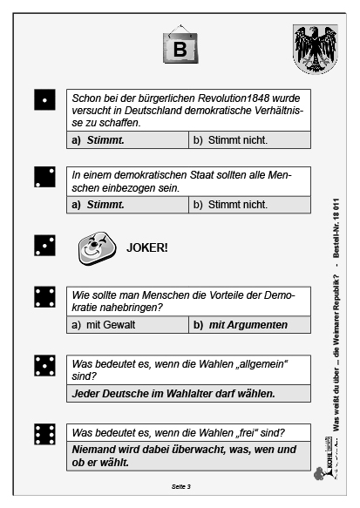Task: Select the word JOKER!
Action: pyautogui.click(x=147, y=247)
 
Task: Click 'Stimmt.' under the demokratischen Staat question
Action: pyautogui.click(x=105, y=205)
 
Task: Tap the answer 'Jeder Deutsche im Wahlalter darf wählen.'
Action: pyautogui.click(x=173, y=393)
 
